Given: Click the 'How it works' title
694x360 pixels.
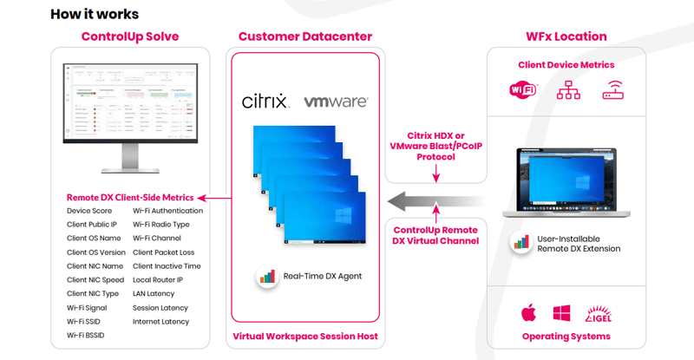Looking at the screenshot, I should [x=95, y=14].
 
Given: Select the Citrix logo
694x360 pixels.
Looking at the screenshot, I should [x=265, y=101].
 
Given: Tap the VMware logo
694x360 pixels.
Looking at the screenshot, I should [x=336, y=101].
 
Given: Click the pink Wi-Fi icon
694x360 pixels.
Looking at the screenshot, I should [x=523, y=89].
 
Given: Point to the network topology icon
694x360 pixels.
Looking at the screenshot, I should [x=568, y=89].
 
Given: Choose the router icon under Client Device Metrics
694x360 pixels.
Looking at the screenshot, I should [x=614, y=89].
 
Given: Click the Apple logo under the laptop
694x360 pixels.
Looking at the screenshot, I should [x=527, y=312].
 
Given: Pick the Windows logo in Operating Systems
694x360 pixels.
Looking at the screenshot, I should [x=561, y=312].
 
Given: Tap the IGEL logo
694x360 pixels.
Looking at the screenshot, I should [x=601, y=312].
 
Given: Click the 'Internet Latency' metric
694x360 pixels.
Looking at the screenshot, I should [x=160, y=321].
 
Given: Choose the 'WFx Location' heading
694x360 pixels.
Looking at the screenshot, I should [x=566, y=36].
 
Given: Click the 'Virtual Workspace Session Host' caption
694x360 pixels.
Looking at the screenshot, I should [x=304, y=336].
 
